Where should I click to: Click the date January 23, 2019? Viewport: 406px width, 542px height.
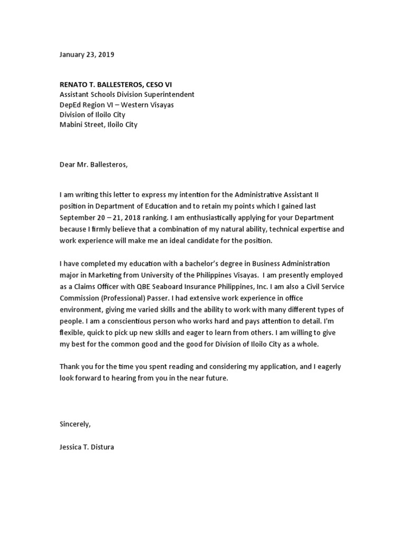tap(87, 55)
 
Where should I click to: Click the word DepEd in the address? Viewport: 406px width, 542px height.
tap(70, 104)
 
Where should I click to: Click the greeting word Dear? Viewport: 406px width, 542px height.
tap(68, 164)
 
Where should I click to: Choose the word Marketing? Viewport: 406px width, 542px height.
tap(107, 275)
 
